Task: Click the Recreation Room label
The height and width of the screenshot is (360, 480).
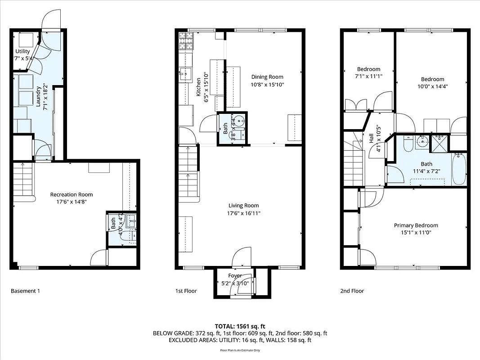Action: [x=71, y=194]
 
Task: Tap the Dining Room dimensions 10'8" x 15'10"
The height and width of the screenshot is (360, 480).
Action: [x=268, y=84]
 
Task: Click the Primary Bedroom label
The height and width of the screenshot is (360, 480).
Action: [x=416, y=225]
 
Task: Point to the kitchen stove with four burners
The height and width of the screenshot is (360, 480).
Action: [x=185, y=41]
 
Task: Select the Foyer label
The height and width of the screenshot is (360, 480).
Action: [x=235, y=275]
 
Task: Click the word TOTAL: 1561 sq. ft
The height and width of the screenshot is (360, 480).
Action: [x=240, y=326]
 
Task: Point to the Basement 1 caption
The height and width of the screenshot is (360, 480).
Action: [x=25, y=291]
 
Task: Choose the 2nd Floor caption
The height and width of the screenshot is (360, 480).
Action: [x=352, y=291]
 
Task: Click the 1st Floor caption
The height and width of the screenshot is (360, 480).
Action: [x=186, y=291]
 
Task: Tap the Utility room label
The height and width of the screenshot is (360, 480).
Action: [x=22, y=51]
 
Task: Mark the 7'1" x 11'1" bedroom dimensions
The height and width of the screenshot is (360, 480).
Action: [x=368, y=76]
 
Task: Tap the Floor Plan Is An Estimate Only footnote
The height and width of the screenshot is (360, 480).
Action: [x=240, y=350]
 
